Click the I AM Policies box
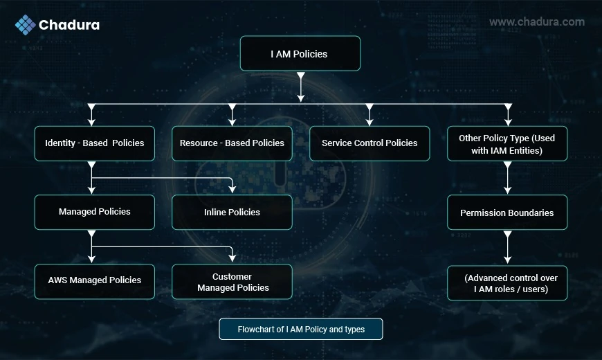(x=300, y=53)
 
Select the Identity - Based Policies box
(x=94, y=143)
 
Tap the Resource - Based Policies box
(x=232, y=143)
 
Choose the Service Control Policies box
(x=370, y=143)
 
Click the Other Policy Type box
(x=507, y=143)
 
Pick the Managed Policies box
(x=94, y=212)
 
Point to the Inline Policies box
(x=232, y=212)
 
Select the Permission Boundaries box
(x=507, y=212)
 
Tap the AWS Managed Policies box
(x=94, y=281)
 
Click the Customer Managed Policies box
(x=232, y=281)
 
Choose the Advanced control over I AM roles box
(x=507, y=282)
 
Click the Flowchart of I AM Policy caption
(x=300, y=329)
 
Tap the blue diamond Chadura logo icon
(x=26, y=25)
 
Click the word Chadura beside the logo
(x=69, y=25)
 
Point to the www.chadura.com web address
(x=537, y=22)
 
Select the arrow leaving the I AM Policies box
(x=301, y=87)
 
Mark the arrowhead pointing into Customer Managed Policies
(x=232, y=258)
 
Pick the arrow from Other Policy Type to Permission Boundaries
(x=508, y=178)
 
